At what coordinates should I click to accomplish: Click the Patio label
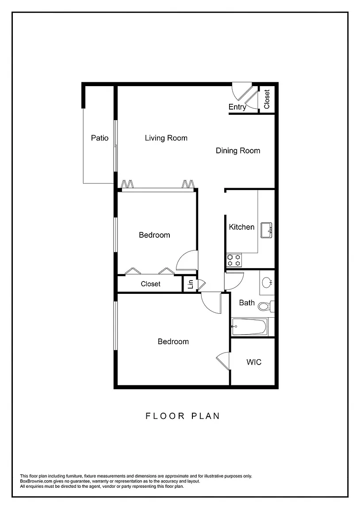pos(100,138)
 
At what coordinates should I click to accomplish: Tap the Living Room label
pos(166,138)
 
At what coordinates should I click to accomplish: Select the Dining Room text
pos(238,151)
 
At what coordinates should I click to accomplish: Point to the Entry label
pos(237,107)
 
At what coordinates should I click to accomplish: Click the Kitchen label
pos(241,227)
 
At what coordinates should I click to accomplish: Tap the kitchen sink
pos(266,231)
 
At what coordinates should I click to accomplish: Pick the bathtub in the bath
pos(249,327)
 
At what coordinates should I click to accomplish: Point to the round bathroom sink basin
pos(267,283)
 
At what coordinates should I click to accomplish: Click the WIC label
pos(254,362)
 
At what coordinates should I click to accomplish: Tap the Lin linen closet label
pos(191,284)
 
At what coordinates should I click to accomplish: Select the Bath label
pos(247,303)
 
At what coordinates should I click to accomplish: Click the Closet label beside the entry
pos(267,99)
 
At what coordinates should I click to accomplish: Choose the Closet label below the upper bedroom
pos(150,284)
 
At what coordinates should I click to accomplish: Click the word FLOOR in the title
pos(165,416)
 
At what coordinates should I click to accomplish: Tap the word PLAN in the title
pos(206,416)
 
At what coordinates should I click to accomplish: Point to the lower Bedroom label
pos(173,342)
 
